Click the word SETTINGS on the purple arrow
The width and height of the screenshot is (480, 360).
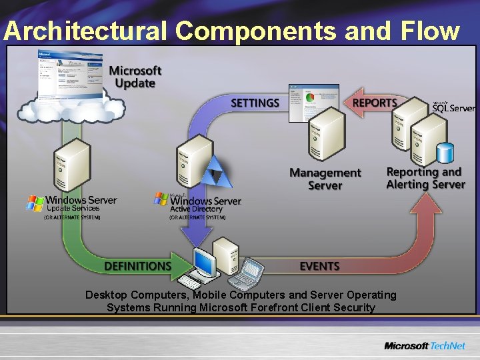[x=255, y=103]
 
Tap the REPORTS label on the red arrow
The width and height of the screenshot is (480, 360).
[x=375, y=103]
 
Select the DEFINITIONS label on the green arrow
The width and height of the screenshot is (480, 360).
[x=137, y=266]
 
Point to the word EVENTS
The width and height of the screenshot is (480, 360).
[x=319, y=266]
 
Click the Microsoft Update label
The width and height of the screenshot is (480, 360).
[x=135, y=77]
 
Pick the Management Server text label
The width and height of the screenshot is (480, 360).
[x=325, y=179]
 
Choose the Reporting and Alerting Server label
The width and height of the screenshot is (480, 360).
[x=425, y=178]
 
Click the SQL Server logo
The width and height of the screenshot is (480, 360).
[x=453, y=107]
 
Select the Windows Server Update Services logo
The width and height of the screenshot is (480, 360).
[x=71, y=203]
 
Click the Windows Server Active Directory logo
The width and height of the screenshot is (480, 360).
[x=198, y=203]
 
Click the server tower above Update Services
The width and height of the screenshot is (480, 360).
[x=71, y=167]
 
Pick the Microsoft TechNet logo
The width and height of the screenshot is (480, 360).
[x=424, y=345]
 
